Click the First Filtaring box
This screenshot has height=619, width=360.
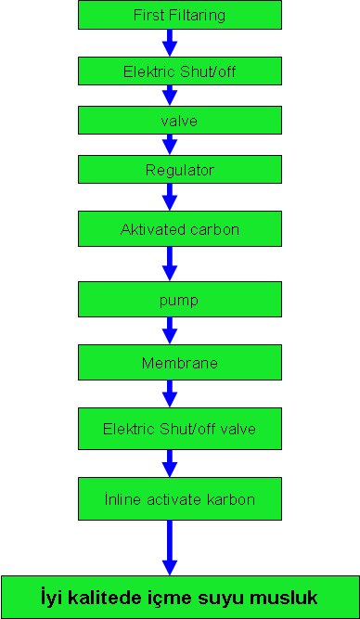click(x=180, y=16)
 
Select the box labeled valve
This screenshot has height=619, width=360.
click(x=180, y=121)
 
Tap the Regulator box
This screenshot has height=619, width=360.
click(x=180, y=170)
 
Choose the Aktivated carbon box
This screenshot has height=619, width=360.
click(x=180, y=228)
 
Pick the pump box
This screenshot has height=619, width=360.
click(x=180, y=301)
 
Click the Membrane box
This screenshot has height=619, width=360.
click(x=180, y=363)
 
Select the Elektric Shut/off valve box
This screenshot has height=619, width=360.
click(x=180, y=429)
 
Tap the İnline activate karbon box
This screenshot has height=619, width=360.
click(x=180, y=498)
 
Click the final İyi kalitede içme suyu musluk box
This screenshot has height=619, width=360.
click(x=180, y=596)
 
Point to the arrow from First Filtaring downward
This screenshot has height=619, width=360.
click(x=169, y=43)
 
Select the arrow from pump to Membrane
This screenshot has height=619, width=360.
click(x=169, y=331)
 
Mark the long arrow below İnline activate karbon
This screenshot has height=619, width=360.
click(x=169, y=548)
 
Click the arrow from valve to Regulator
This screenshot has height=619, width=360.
click(x=169, y=145)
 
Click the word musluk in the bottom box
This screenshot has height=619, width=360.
click(x=290, y=596)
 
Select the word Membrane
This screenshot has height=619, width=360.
click(x=180, y=363)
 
